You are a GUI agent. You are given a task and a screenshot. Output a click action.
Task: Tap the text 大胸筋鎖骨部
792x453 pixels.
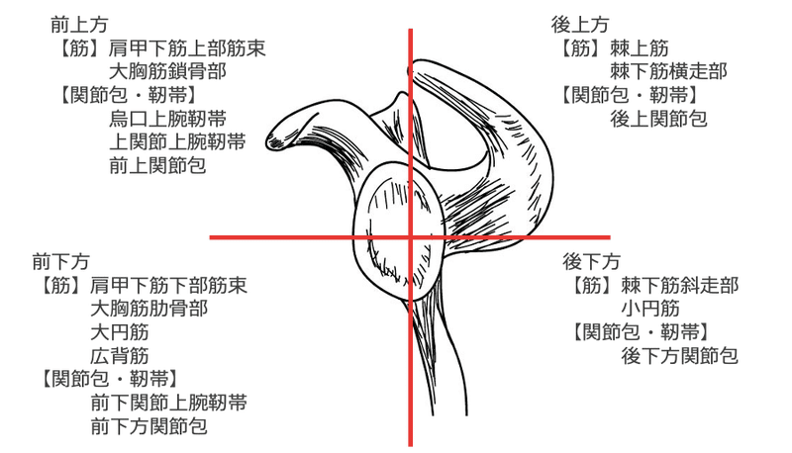click(x=167, y=71)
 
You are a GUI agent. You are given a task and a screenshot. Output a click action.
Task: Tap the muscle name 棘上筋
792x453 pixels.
click(x=641, y=47)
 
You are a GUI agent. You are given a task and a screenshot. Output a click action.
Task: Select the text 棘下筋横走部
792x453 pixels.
click(x=669, y=71)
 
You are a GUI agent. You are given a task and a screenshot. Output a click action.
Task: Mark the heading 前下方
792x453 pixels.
click(x=61, y=262)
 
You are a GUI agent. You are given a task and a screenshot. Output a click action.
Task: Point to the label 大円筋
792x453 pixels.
click(x=119, y=332)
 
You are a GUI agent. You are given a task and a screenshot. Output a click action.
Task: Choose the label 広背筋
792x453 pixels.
click(x=119, y=356)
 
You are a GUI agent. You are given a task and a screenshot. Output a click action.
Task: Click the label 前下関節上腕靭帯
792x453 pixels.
click(x=167, y=404)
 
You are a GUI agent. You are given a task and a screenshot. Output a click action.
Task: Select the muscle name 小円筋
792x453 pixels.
click(x=649, y=310)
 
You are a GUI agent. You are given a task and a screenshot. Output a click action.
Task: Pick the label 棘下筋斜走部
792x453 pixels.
click(x=679, y=286)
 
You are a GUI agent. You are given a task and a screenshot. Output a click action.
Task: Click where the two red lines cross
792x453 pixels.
click(x=410, y=237)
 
